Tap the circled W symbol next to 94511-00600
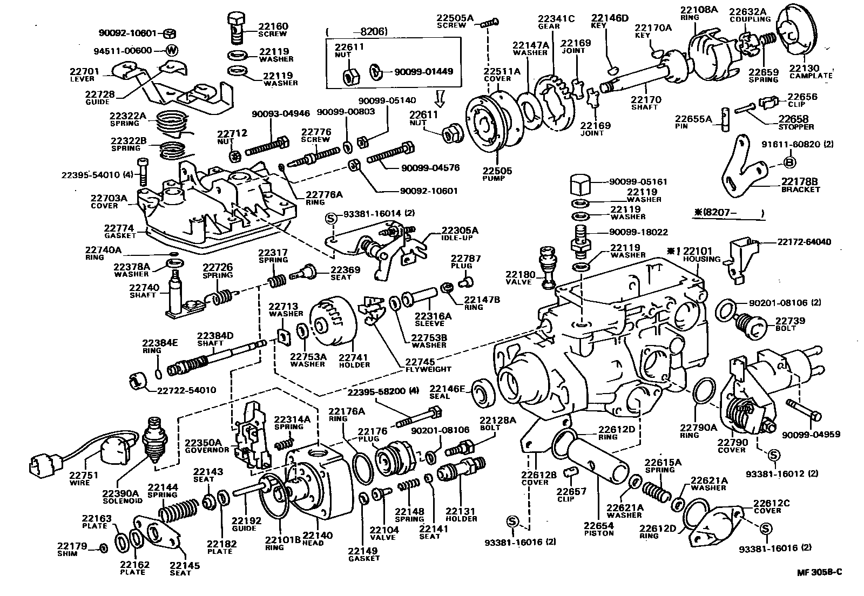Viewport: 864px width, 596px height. (172, 51)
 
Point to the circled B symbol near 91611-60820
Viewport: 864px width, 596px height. (788, 161)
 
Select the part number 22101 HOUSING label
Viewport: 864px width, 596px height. (698, 254)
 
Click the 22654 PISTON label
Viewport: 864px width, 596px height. (598, 529)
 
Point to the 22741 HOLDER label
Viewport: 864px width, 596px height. (354, 360)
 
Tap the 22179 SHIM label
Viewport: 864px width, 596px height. (72, 549)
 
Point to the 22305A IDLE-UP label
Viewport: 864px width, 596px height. (460, 233)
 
